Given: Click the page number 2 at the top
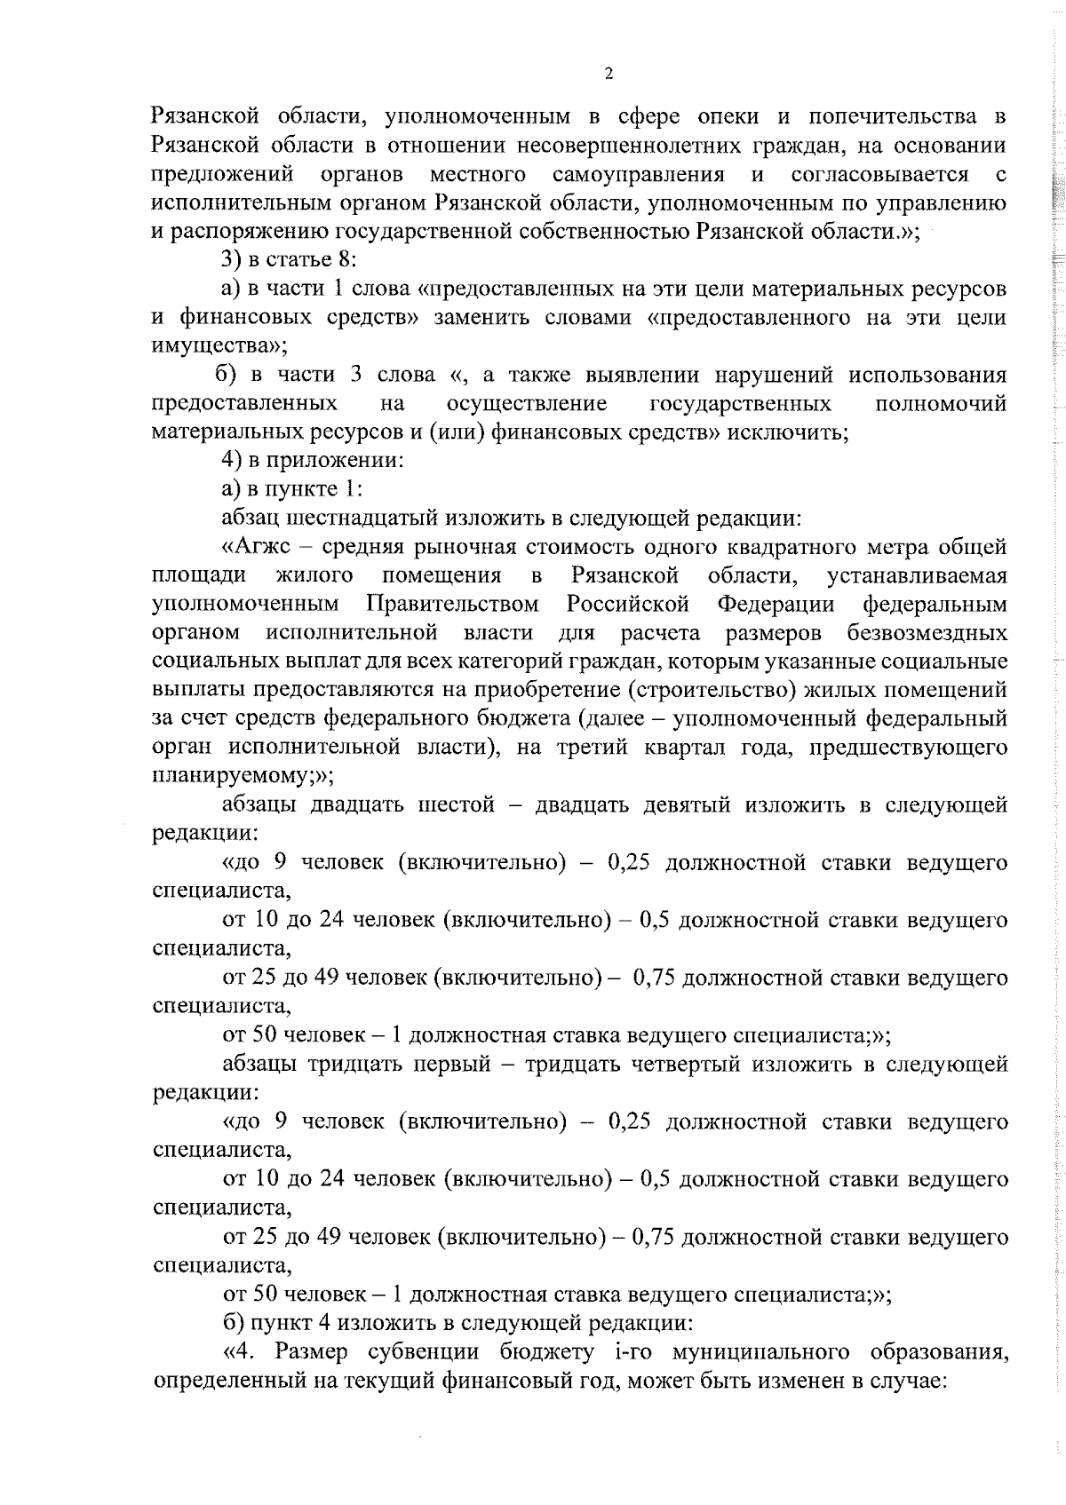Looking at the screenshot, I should pyautogui.click(x=609, y=75).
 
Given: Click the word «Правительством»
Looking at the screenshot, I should pyautogui.click(x=453, y=605).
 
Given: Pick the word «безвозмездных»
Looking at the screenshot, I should pyautogui.click(x=927, y=633).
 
